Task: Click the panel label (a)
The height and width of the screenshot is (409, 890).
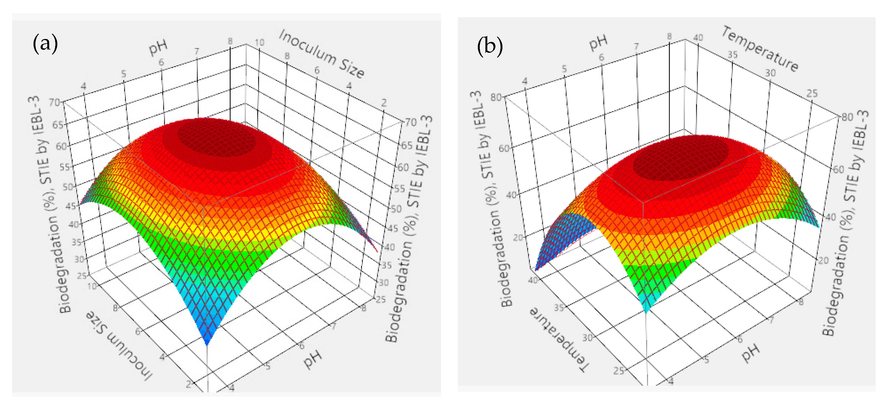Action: [x=45, y=44]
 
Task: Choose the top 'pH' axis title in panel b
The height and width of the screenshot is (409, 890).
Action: [x=598, y=42]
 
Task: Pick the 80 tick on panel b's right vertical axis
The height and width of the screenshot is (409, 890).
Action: [x=847, y=117]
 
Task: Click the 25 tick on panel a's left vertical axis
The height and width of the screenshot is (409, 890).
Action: [x=82, y=276]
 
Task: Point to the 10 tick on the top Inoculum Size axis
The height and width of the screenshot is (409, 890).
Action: [x=259, y=42]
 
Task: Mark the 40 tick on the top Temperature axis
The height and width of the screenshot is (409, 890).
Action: [x=698, y=37]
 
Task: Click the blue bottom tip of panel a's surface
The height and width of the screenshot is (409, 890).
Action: [x=207, y=337]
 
